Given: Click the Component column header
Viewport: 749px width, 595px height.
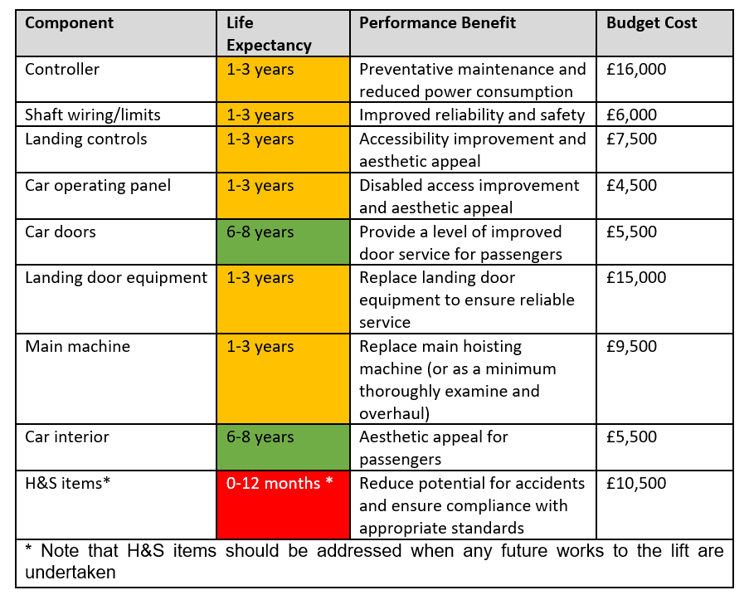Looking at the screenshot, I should [x=70, y=23].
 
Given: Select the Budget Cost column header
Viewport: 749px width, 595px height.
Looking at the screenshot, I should [x=652, y=23].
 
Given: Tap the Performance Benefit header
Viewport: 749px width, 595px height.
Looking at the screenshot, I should [x=437, y=23].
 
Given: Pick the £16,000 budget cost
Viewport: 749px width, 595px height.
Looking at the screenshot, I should [x=636, y=70].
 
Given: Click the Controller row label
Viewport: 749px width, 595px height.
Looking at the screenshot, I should [x=62, y=70].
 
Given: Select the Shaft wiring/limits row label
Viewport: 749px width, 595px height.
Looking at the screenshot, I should [x=93, y=115].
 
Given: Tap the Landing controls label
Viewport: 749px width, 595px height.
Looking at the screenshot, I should [x=86, y=139].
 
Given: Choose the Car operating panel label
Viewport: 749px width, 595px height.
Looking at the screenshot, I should [x=98, y=185].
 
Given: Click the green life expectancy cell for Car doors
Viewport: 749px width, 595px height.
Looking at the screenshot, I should [x=282, y=241].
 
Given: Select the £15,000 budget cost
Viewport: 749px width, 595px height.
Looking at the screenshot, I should [x=636, y=278].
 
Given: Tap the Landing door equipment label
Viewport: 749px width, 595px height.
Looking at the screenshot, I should [x=116, y=278].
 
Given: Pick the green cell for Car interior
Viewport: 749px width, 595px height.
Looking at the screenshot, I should [x=282, y=446].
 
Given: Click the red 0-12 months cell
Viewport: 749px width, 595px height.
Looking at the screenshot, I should [x=282, y=505].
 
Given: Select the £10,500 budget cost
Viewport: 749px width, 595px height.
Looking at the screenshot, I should [x=636, y=483].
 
